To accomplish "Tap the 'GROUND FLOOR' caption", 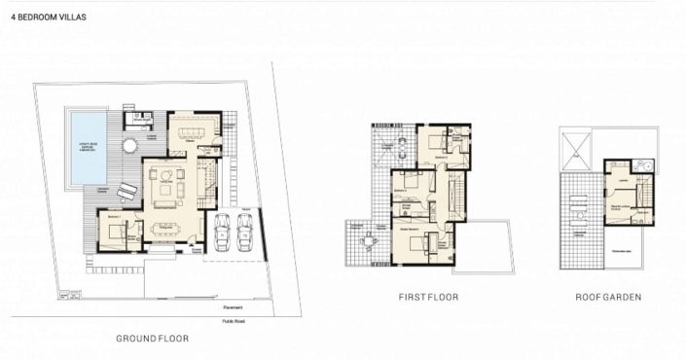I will [152, 339].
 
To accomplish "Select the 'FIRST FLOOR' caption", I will [428, 297].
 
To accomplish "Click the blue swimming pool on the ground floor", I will [88, 145].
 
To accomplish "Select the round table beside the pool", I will [129, 146].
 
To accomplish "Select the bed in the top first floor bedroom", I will [434, 142].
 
